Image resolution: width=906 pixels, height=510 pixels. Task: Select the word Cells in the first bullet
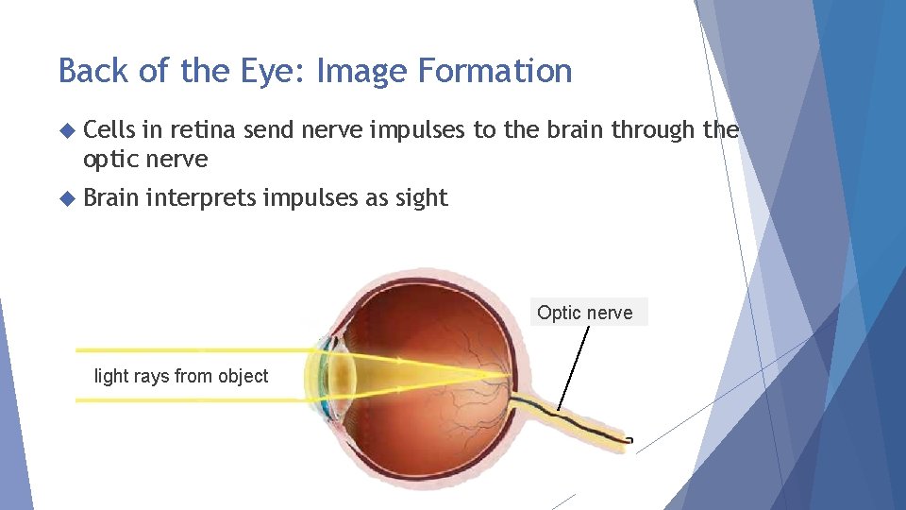pos(109,130)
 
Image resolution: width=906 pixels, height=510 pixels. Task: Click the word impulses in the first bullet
pos(416,130)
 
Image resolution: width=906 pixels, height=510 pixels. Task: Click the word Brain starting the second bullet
pos(112,197)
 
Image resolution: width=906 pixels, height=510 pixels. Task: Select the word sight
pos(422,197)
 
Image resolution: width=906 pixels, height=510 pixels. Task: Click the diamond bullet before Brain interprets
pos(66,197)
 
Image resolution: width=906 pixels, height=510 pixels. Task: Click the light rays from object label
pos(181,376)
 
